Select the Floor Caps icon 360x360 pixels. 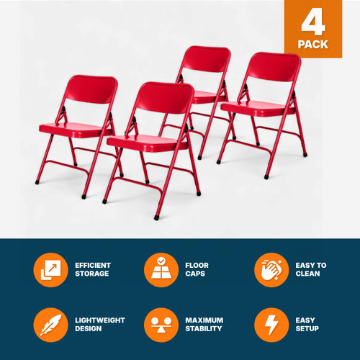click(x=161, y=270)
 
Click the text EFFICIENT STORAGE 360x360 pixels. click(x=94, y=270)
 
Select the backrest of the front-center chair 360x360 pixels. click(x=163, y=99)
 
